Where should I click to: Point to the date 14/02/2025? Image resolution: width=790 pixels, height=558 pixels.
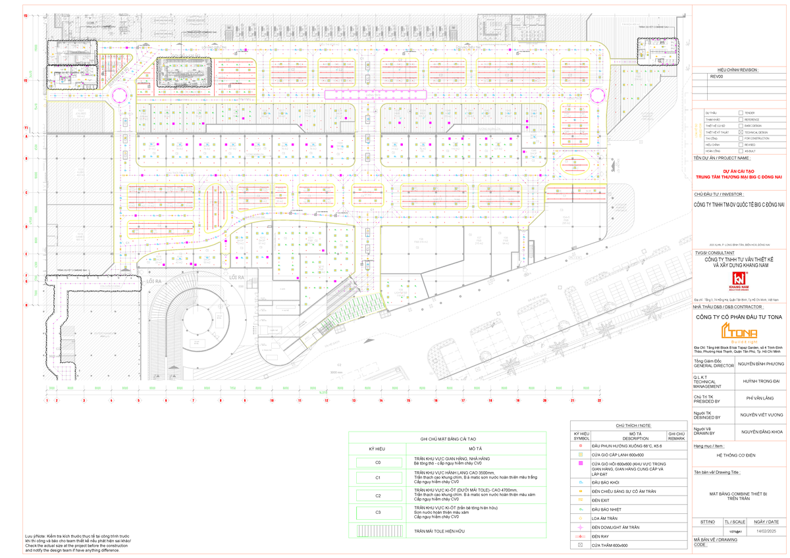[x=766, y=530]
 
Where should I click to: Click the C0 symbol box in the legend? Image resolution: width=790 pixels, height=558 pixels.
[x=378, y=463]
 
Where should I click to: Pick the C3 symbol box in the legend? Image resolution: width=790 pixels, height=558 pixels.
[x=378, y=511]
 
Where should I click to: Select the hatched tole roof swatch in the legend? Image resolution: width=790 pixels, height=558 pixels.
[x=378, y=530]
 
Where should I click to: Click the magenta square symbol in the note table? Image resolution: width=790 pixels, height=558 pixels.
[x=581, y=464]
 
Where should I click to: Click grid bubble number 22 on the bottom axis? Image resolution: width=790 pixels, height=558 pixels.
[x=599, y=399]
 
